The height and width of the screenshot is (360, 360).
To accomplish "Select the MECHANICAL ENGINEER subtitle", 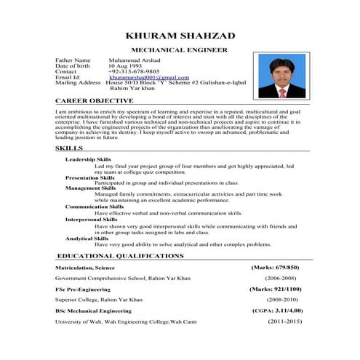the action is point(179,50).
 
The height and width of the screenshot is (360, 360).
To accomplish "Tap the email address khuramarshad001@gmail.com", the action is point(148,77).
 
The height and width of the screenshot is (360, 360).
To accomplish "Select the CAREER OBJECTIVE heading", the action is point(95,100).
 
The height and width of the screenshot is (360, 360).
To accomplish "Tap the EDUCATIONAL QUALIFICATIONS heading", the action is point(120,257).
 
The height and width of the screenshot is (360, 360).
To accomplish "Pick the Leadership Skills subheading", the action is point(88,159).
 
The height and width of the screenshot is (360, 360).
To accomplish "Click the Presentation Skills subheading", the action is point(89,177).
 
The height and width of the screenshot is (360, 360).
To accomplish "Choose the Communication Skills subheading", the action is point(94,207).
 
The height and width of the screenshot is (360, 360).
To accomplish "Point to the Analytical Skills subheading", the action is point(87,239).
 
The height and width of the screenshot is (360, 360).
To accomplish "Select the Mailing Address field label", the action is point(78,83).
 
